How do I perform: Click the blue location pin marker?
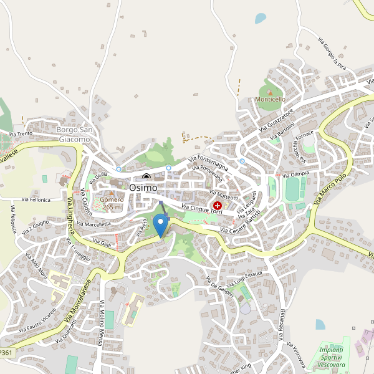161,224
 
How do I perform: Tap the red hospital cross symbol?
217,205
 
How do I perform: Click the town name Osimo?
143,187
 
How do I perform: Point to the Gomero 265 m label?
112,203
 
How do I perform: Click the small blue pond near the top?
260,18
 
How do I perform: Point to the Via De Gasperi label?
221,289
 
